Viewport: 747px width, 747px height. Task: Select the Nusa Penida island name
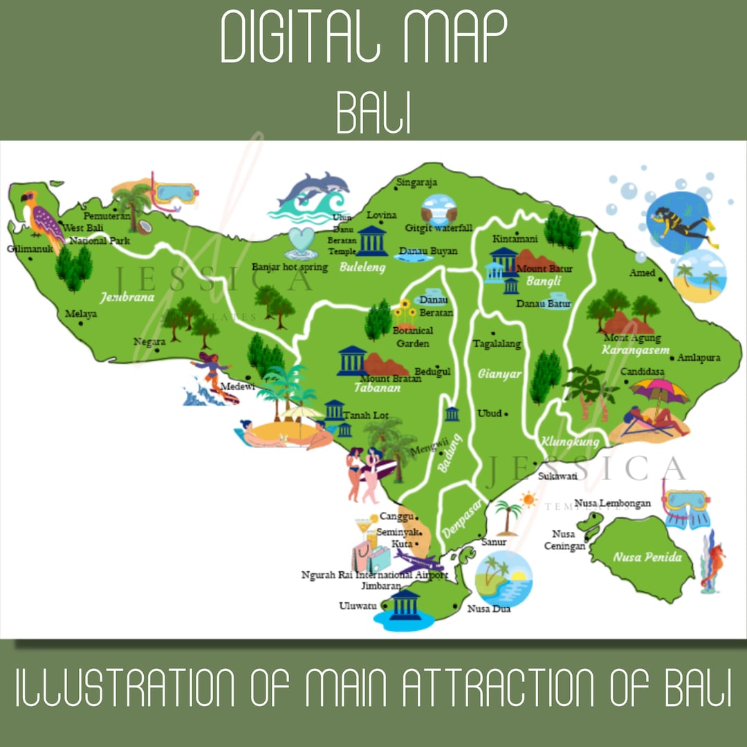[x=647, y=557]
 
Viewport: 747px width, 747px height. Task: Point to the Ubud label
[x=490, y=414]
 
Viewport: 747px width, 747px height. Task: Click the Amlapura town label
[x=699, y=358]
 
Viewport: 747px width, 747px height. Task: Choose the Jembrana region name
[x=127, y=298]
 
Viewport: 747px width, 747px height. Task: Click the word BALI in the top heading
[x=373, y=111]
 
